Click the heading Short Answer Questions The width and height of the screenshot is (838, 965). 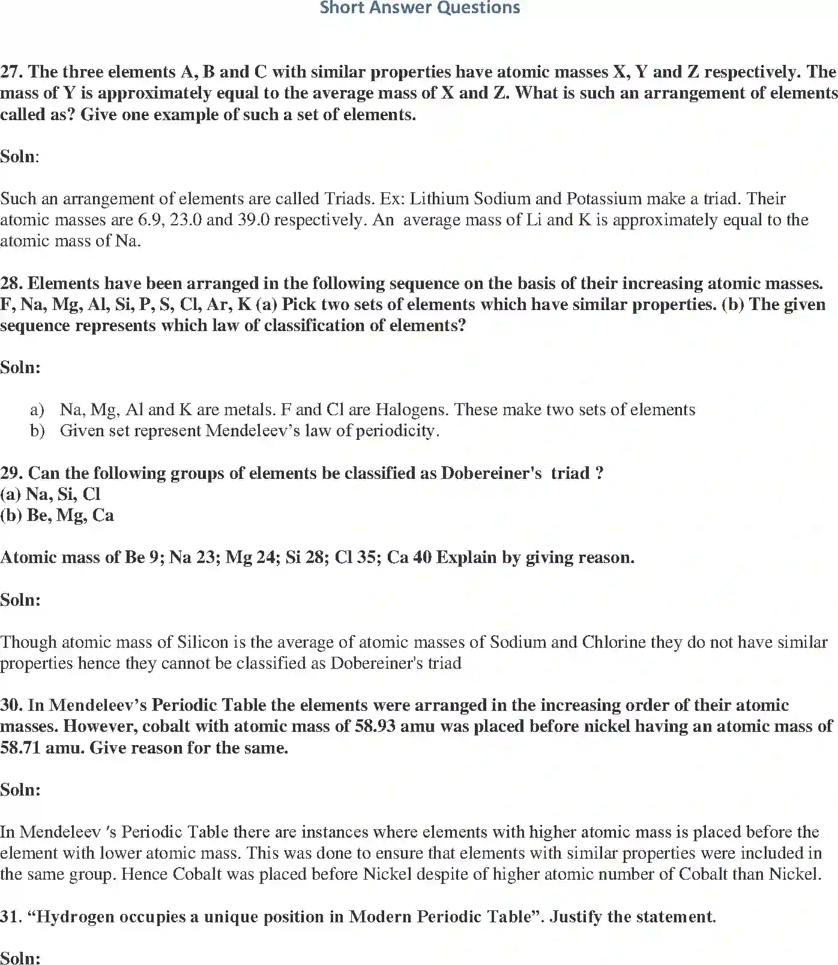tap(420, 8)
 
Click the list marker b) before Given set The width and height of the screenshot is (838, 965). tap(37, 431)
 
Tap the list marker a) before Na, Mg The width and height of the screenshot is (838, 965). tap(37, 410)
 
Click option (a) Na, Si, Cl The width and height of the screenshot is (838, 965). tap(50, 495)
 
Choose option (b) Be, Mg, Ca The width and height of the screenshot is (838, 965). tap(57, 516)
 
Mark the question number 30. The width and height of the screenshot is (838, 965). tap(11, 705)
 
